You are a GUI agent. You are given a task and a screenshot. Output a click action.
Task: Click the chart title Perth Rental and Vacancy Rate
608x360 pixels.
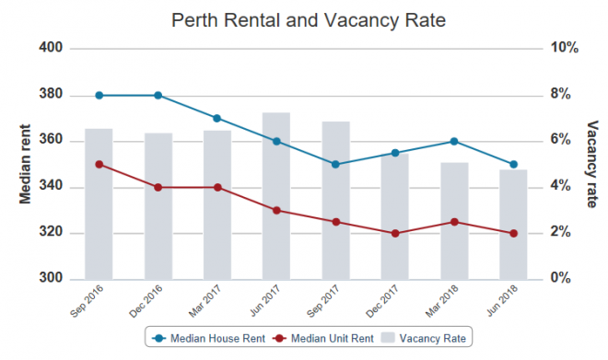(308, 19)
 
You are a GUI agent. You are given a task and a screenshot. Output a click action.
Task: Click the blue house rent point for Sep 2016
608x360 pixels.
(99, 95)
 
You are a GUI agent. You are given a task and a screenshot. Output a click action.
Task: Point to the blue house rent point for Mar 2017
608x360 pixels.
(217, 118)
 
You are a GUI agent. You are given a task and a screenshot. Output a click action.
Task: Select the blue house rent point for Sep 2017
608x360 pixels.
(335, 164)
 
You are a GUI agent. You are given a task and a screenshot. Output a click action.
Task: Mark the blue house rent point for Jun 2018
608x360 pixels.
(513, 164)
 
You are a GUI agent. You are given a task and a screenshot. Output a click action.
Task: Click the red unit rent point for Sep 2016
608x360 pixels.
(99, 164)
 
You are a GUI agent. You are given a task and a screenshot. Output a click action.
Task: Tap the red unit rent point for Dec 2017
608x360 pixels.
(395, 233)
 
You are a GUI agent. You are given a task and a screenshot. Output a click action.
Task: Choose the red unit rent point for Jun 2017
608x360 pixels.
(276, 210)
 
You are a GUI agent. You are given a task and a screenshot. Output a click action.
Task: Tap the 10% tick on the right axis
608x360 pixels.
(563, 48)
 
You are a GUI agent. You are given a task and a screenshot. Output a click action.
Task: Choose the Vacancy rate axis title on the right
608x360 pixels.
(590, 163)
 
